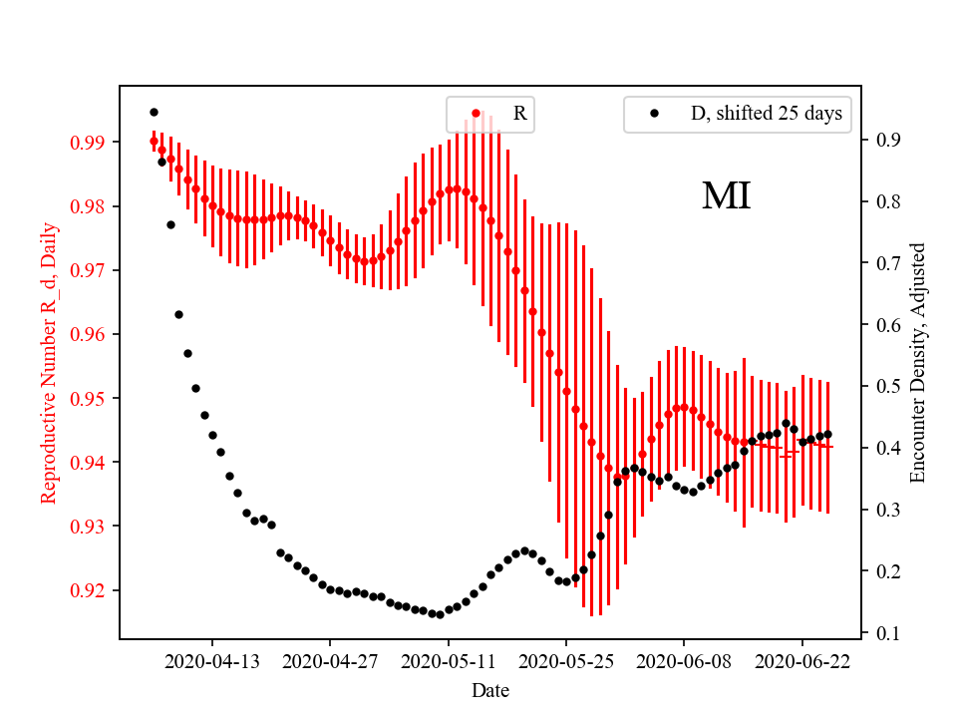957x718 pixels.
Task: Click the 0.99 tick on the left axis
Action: (90, 143)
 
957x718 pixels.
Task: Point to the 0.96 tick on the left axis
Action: (90, 334)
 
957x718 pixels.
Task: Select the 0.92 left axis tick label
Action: (90, 589)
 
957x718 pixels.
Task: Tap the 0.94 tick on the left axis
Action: (90, 462)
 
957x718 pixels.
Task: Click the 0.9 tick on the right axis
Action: (887, 140)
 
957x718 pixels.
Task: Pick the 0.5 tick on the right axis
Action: (887, 386)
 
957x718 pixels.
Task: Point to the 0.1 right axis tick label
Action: (887, 632)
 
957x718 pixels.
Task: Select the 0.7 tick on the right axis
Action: (887, 263)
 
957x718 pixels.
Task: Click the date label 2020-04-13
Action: (211, 660)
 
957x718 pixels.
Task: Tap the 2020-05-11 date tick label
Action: (448, 660)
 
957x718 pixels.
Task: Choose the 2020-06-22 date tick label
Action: (801, 660)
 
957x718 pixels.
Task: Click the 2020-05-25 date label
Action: (565, 660)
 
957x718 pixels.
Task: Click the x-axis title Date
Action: (490, 689)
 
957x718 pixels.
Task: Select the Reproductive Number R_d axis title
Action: (49, 362)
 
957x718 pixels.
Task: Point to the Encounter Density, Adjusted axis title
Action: (918, 362)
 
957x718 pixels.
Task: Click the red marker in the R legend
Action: (476, 114)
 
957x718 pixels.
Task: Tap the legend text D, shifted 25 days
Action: (766, 114)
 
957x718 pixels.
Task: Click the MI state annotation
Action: (726, 196)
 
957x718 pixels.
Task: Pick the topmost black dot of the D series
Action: (154, 112)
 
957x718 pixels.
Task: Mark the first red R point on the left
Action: (154, 142)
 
